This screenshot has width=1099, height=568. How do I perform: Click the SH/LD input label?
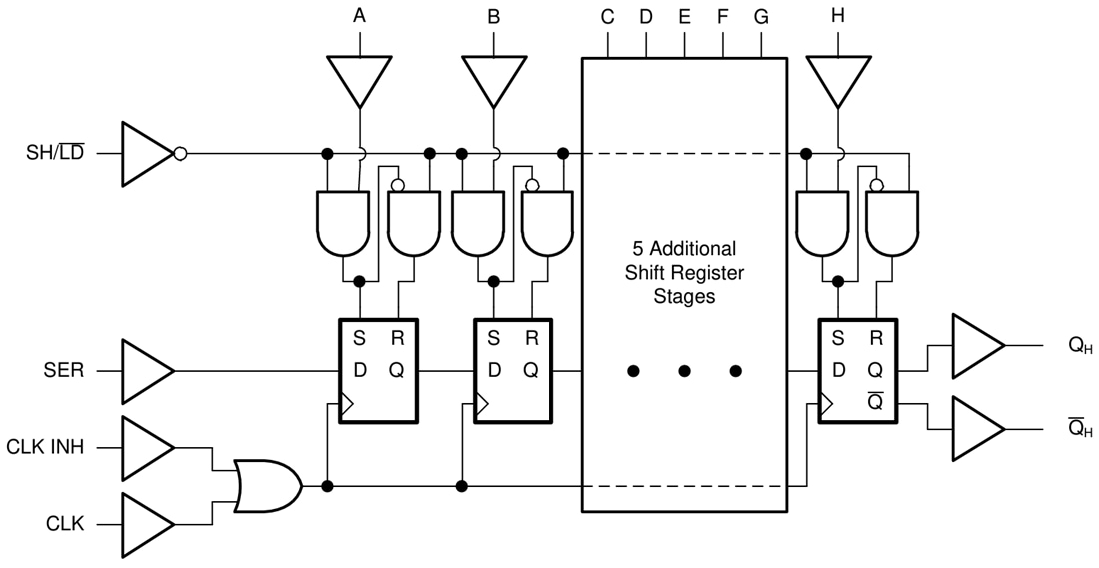(x=55, y=154)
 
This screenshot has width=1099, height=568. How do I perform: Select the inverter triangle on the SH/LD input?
(x=145, y=154)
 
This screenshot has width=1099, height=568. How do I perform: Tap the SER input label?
(x=64, y=371)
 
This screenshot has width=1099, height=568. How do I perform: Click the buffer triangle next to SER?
(x=145, y=371)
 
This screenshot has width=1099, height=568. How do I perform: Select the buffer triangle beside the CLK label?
(x=145, y=523)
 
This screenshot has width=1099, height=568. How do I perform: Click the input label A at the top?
(x=359, y=16)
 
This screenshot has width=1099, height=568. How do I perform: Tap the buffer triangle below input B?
(x=494, y=80)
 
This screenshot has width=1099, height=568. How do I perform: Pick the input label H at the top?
(x=837, y=16)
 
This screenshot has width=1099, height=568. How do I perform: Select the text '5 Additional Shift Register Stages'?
(x=684, y=272)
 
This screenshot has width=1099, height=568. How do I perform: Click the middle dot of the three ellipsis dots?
(x=684, y=371)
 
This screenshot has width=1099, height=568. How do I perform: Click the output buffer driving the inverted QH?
(x=976, y=428)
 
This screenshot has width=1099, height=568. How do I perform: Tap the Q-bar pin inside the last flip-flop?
(x=876, y=400)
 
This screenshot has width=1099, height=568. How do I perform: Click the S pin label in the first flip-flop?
(x=358, y=338)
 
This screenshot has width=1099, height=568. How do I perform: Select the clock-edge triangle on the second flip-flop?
(x=481, y=405)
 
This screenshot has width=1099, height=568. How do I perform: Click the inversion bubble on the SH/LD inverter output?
(x=180, y=154)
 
